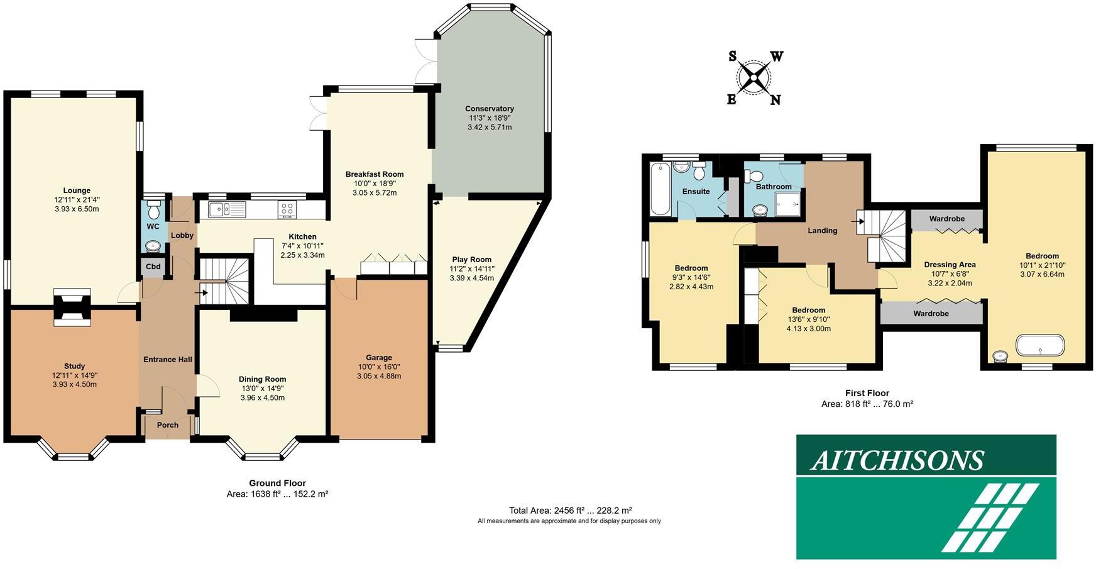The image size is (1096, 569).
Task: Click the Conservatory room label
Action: [489, 109]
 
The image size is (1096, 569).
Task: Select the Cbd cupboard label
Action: [153, 267]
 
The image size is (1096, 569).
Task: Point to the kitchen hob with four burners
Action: [287, 209]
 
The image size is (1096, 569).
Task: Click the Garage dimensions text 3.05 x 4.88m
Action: [378, 376]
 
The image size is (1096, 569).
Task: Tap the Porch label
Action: [167, 425]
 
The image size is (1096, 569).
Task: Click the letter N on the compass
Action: [775, 100]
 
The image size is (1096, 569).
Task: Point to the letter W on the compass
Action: [777, 57]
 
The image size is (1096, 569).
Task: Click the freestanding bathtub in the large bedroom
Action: [1040, 345]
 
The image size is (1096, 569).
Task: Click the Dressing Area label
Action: [950, 265]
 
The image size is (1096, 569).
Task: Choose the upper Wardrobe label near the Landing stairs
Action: [946, 219]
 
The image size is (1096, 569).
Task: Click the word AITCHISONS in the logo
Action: [896, 461]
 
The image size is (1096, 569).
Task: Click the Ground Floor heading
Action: [277, 483]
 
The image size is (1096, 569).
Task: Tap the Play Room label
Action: [471, 260]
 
